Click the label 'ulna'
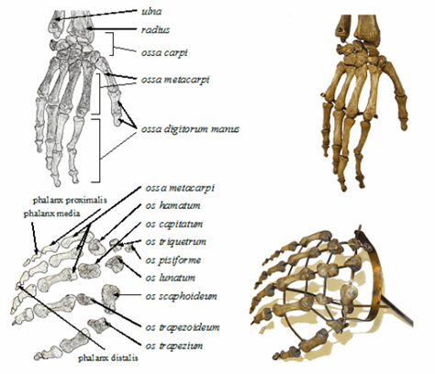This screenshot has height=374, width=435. (151, 12)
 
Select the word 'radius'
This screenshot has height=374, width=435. (155, 29)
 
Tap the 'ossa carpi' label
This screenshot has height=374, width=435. (164, 52)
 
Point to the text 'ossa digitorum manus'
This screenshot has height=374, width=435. (190, 129)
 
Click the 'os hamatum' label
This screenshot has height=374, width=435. (173, 205)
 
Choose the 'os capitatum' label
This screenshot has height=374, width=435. (174, 224)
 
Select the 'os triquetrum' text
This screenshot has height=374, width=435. (176, 242)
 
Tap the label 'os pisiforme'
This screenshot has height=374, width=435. (173, 260)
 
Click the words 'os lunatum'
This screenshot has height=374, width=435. (171, 278)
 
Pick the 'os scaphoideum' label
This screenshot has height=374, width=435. (182, 296)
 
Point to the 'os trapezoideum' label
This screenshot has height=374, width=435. (183, 327)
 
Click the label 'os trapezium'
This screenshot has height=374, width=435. (174, 346)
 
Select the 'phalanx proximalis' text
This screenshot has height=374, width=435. (70, 201)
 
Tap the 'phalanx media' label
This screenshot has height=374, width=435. (51, 214)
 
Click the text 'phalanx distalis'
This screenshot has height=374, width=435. (108, 358)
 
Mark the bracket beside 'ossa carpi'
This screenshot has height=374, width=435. (112, 44)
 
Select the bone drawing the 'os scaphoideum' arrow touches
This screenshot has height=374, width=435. (109, 299)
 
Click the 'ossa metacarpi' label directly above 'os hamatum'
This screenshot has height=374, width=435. (180, 188)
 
